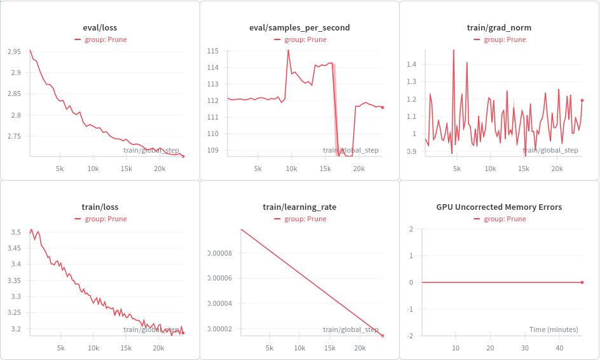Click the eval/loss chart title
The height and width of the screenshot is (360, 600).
pos(100,28)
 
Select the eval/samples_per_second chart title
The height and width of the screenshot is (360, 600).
pos(299,28)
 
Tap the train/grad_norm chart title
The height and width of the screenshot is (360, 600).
pos(499,28)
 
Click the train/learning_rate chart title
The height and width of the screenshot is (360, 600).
pos(299,207)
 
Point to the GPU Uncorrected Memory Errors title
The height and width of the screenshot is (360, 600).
pos(499,207)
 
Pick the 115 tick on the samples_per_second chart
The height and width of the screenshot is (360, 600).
pos(213,51)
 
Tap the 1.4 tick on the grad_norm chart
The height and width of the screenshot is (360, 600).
pos(411,65)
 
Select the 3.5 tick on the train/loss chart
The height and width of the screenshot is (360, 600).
pos(15,232)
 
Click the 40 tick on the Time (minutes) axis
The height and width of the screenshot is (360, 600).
pos(559,349)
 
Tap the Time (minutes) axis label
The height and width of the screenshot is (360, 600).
pos(554,329)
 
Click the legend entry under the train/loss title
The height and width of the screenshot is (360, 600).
pos(100,219)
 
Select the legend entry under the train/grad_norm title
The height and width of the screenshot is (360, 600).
pos(499,39)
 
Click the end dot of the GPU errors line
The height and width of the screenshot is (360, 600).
pos(582,282)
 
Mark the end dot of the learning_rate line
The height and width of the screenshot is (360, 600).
pos(383,335)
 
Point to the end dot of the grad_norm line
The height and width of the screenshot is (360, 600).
pos(582,100)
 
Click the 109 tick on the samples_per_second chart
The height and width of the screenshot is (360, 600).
pos(213,151)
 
